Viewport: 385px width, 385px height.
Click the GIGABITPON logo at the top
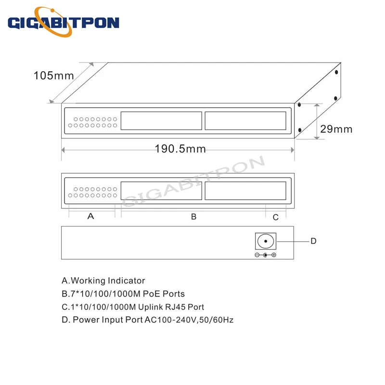coord(64,22)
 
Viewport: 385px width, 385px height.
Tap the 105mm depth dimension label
coord(53,76)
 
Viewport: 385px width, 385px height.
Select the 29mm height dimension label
coord(336,129)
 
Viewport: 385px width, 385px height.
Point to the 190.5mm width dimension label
coord(180,149)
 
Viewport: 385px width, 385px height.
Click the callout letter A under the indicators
coord(90,216)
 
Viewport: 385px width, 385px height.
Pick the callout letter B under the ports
coord(194,217)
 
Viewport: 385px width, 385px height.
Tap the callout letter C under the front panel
coord(275,218)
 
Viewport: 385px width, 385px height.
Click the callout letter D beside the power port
coord(314,241)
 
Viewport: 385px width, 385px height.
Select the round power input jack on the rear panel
coord(266,241)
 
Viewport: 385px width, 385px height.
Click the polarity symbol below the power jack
coord(266,255)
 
